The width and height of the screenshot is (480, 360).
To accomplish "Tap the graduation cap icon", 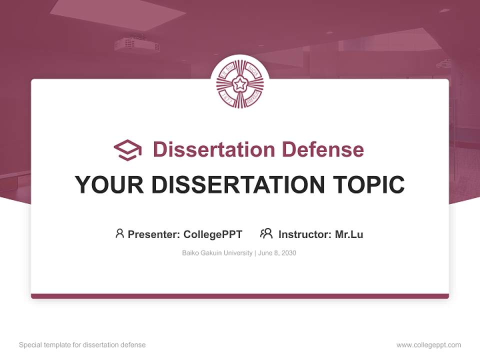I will tap(127, 150).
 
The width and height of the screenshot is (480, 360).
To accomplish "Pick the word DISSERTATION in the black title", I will tap(238, 184).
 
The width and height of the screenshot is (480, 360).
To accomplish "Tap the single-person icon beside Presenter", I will tap(119, 233).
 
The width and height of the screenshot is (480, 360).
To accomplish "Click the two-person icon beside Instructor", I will tap(266, 233).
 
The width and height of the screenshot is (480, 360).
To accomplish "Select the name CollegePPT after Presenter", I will tap(212, 234).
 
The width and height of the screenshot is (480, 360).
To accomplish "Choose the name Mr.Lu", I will tap(349, 234).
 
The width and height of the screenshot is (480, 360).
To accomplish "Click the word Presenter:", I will tap(154, 234).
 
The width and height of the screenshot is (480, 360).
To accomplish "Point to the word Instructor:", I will tap(305, 234).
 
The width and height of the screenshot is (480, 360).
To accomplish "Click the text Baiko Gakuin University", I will tap(217, 253).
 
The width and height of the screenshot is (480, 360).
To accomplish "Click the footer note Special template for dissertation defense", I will tap(82, 345).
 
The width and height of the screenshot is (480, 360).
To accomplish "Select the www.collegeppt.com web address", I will tap(428, 345).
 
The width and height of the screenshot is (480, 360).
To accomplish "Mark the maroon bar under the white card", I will tap(240, 296).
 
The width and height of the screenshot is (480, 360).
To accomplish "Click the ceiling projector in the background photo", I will tap(136, 45).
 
